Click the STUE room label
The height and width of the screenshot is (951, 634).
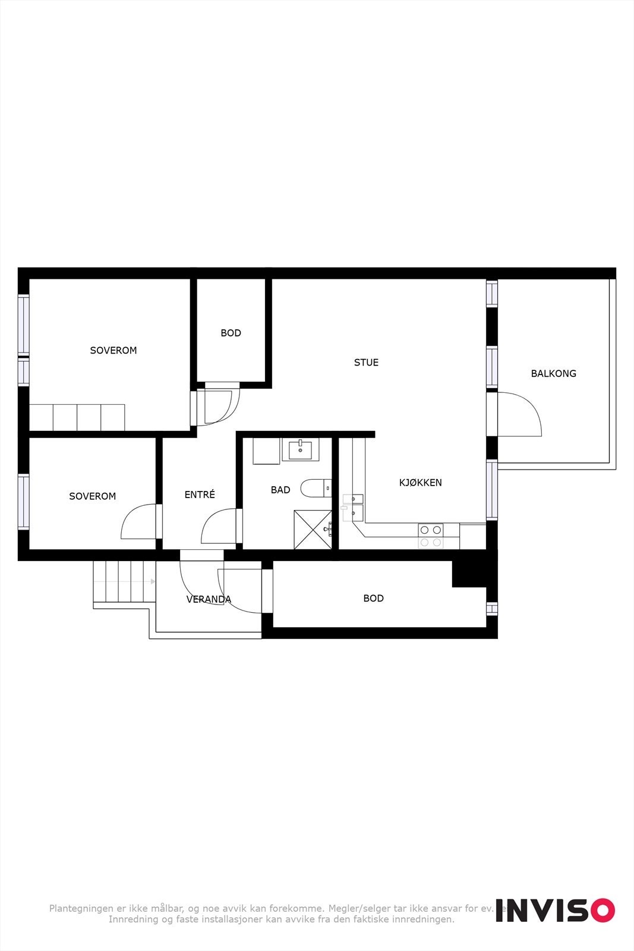pos(366,363)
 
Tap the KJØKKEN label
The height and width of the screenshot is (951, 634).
pos(420,483)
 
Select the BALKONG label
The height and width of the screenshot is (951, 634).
pos(553,374)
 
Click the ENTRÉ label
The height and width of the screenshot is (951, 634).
pos(200,495)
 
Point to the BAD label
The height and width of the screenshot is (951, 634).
pos(280,490)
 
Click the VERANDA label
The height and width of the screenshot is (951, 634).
pos(209,600)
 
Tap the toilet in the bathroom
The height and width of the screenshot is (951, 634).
pos(314,488)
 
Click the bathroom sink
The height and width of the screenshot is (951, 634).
pos(303,450)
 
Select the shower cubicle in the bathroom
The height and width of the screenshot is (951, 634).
pos(313,530)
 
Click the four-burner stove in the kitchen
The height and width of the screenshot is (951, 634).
pos(430,536)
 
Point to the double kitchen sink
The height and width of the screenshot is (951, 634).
pos(352,505)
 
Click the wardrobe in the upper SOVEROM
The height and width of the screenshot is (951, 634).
pos(77,417)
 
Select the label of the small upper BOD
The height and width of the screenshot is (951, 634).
pos(231,333)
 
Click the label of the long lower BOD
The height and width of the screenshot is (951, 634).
pos(373,599)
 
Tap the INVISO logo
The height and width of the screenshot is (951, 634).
pos(555,910)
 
